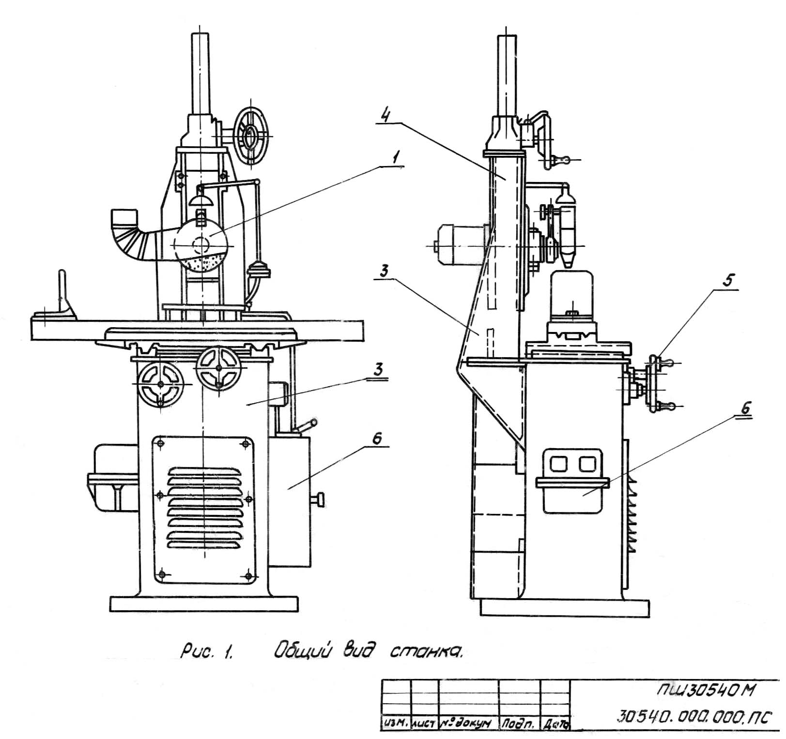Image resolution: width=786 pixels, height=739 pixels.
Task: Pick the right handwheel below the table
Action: point(218,368)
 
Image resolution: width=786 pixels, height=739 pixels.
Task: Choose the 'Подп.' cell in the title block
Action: point(519,723)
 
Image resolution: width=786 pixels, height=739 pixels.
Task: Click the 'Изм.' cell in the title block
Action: point(396,723)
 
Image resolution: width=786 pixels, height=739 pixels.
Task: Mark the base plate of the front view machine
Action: point(204,604)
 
